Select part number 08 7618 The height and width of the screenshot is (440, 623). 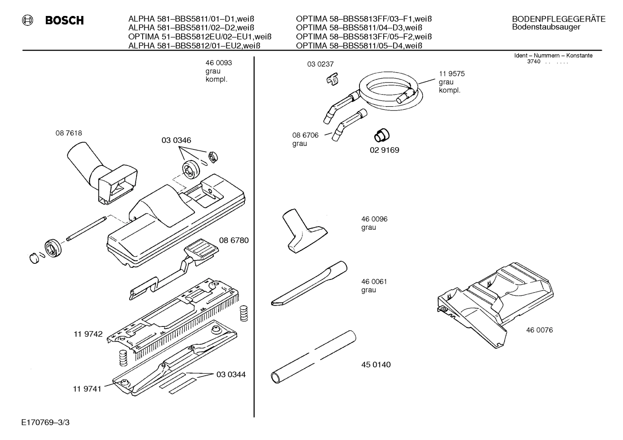[x=68, y=133]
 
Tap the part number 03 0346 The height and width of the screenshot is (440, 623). [x=176, y=140]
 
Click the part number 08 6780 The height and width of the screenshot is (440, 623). [x=234, y=240]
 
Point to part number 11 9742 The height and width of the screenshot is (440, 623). [x=88, y=334]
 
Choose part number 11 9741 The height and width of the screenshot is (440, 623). [x=87, y=389]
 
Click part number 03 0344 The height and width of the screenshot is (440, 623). [x=231, y=374]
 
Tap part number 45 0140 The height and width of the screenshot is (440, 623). [x=375, y=364]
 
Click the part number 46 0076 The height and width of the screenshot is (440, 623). [x=539, y=330]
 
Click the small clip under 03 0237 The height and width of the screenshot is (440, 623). [x=332, y=79]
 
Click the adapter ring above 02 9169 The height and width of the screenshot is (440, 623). [x=381, y=135]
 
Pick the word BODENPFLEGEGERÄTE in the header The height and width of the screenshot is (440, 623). [x=558, y=19]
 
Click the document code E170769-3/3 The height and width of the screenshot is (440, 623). [x=45, y=422]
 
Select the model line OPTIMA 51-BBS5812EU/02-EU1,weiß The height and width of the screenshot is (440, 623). [x=200, y=36]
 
